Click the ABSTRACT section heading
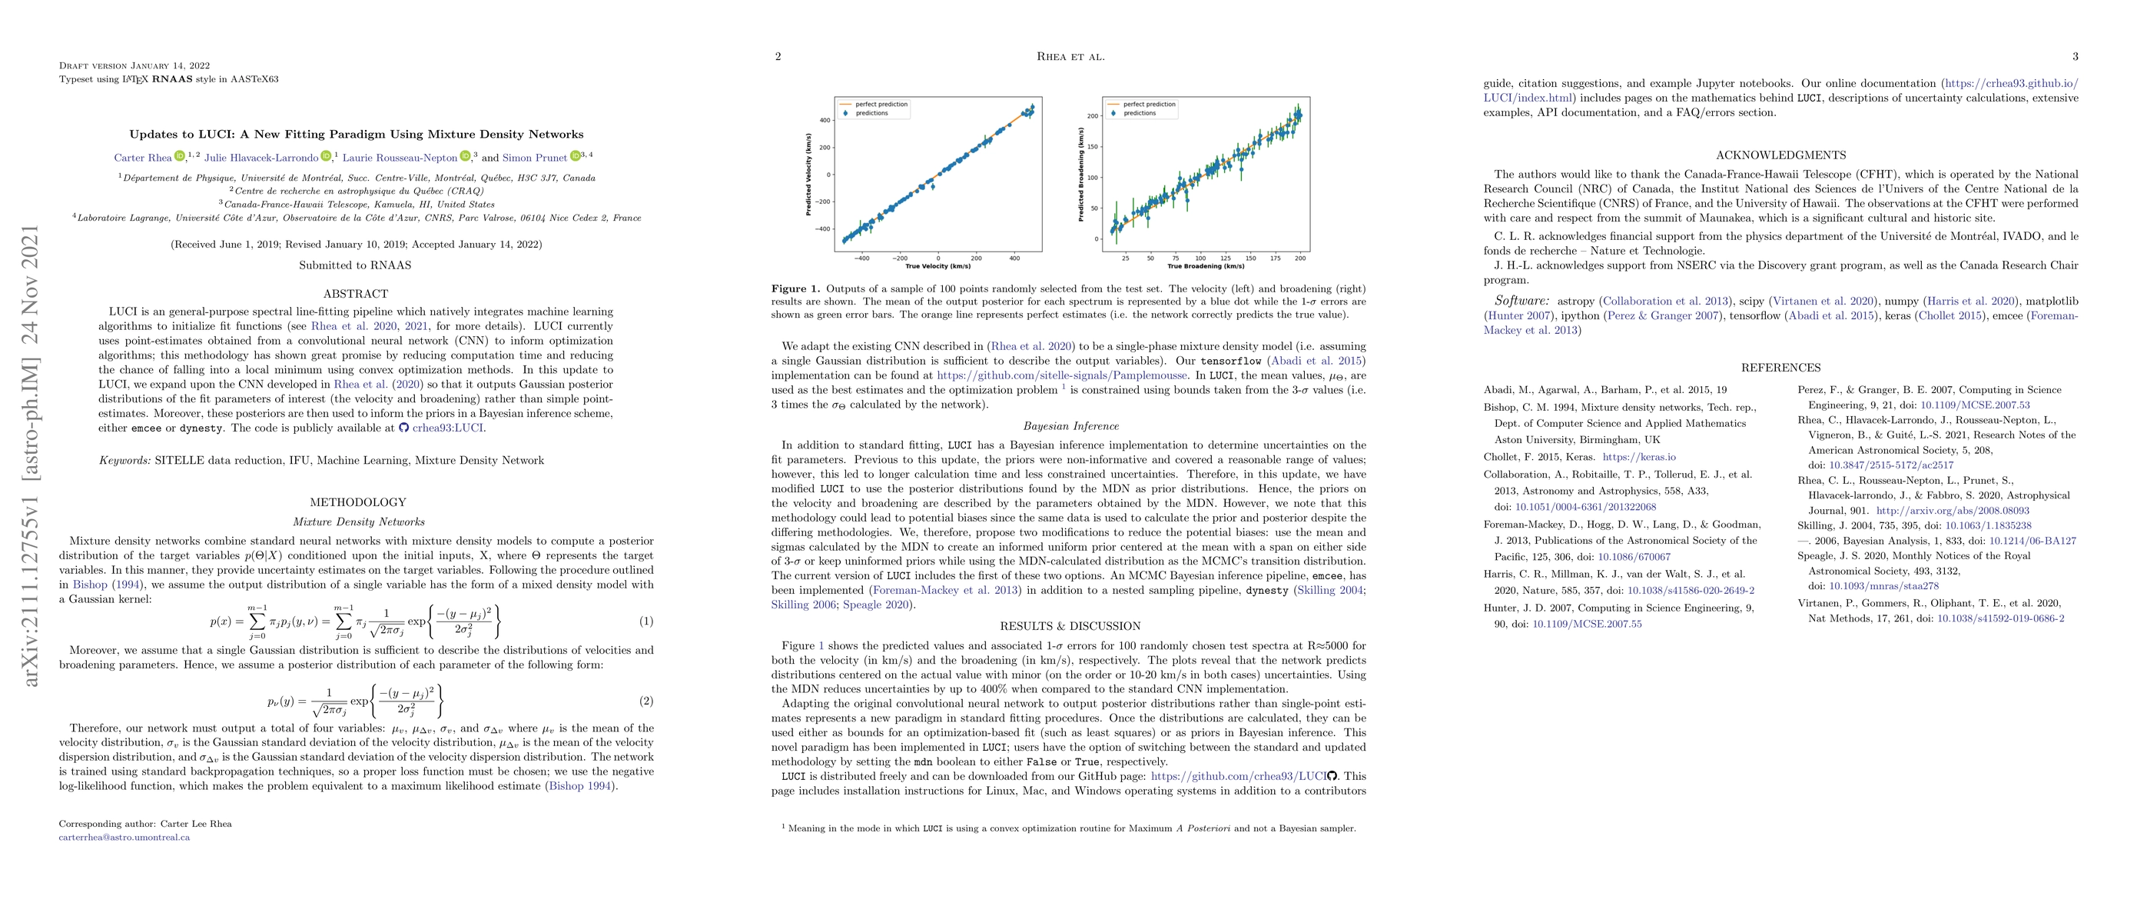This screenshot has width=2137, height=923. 356,294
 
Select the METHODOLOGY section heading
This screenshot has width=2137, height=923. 357,502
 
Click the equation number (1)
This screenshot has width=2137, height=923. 646,621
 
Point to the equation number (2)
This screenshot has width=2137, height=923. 646,701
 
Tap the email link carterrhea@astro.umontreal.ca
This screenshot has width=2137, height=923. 124,838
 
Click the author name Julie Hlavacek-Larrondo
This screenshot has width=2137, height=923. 261,158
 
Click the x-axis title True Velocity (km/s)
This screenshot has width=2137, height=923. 938,266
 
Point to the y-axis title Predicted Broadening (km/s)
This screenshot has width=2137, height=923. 1081,175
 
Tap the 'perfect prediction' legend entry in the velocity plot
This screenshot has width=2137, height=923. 881,105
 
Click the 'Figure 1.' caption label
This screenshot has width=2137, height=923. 795,289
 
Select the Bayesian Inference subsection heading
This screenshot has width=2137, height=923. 1070,427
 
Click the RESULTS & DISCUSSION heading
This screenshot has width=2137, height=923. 1070,627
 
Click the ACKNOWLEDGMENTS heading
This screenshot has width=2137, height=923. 1780,155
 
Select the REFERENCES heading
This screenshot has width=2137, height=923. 1780,368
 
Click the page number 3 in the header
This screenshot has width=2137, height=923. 2075,57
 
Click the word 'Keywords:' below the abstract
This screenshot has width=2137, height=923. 125,461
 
